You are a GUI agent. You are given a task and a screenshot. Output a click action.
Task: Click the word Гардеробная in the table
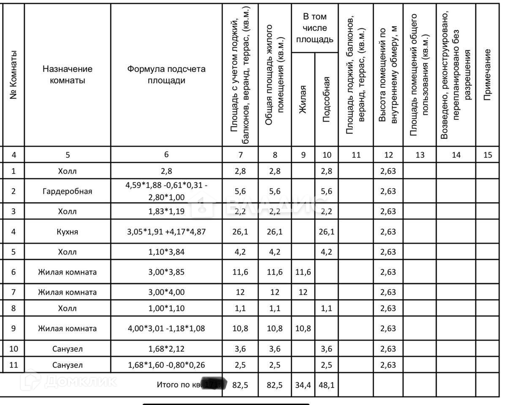67,191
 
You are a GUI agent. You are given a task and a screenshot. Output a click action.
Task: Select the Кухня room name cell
67,232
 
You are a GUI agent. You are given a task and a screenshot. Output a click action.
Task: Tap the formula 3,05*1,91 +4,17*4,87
166,232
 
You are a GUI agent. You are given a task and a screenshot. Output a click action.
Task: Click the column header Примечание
487,75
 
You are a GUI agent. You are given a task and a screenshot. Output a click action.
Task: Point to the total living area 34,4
303,385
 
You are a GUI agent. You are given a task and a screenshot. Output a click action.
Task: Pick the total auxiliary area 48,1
326,385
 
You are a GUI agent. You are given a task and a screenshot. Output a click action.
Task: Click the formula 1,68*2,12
166,349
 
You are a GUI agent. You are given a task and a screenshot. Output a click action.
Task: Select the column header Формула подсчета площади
166,75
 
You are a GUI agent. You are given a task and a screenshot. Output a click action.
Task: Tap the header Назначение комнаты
67,75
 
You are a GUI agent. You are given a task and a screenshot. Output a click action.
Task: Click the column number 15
487,155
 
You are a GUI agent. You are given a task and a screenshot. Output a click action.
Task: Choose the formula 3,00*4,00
166,292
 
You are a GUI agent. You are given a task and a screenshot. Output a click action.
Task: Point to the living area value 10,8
303,329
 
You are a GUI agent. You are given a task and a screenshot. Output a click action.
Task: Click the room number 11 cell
14,365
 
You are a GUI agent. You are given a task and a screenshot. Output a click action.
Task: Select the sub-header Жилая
302,100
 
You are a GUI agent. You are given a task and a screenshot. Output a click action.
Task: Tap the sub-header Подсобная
326,100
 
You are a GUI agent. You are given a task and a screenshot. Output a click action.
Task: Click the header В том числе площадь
315,28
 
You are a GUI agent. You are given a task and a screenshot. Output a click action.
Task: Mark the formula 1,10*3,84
166,252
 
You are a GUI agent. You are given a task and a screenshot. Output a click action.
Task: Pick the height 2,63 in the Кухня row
388,232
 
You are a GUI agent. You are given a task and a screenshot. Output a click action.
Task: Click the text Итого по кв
177,385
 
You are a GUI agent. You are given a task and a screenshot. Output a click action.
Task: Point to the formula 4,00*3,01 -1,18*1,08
166,329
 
